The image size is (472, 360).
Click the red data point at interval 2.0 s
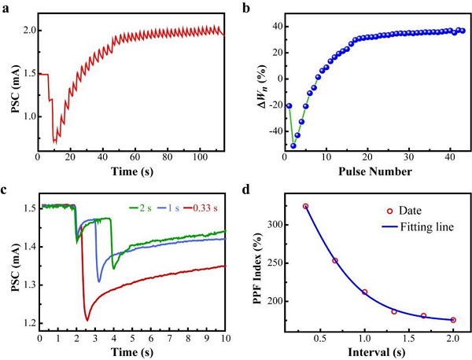pos(453,320)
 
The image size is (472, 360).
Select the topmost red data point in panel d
pos(305,206)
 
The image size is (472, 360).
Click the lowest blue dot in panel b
pos(293,145)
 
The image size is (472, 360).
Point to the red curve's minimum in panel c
pos(87,320)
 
